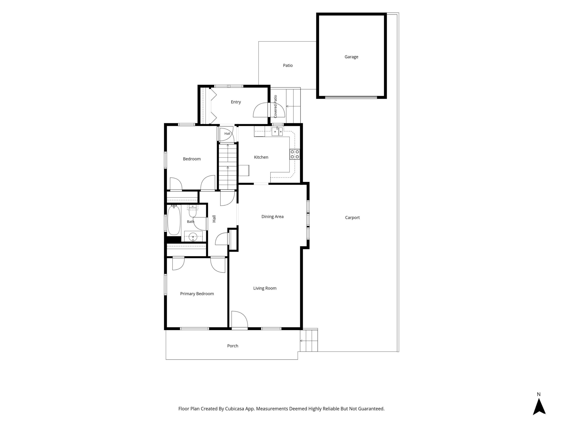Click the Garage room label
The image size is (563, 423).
(351, 57)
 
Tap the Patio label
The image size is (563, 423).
(288, 65)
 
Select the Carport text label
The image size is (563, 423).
(352, 217)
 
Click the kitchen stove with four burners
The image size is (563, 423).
(295, 154)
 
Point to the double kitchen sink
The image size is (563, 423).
(277, 132)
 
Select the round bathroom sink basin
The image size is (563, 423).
(193, 237)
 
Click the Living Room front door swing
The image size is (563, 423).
(239, 319)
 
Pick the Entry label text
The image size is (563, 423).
(236, 102)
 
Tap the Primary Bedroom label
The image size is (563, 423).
(197, 294)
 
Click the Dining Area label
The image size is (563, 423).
(272, 217)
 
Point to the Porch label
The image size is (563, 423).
(233, 346)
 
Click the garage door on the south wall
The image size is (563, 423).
(351, 97)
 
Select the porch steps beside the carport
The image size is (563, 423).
(309, 341)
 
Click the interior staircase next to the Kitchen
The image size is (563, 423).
(228, 167)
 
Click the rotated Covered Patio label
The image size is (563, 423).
(275, 107)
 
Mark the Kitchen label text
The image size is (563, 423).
(261, 157)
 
